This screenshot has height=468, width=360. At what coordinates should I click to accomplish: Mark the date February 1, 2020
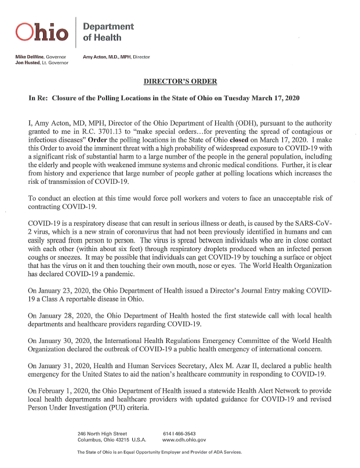59,391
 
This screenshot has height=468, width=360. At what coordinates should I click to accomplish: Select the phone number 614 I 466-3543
179,433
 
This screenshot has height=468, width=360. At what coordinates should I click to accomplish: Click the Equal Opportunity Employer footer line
159,452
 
